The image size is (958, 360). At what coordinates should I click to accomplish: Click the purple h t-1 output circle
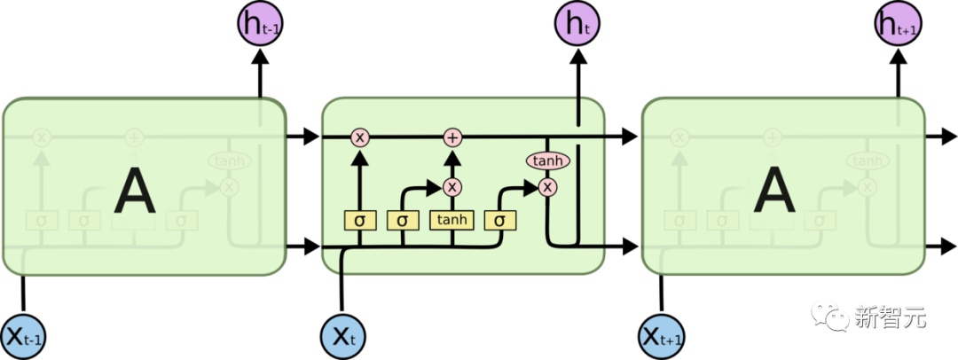coord(260,24)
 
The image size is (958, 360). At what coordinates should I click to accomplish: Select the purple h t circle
coord(577,24)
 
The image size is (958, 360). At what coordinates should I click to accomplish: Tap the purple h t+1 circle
coord(898,24)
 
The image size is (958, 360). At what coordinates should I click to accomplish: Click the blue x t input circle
coord(342,337)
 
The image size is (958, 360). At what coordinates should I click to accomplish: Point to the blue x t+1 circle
coord(662,337)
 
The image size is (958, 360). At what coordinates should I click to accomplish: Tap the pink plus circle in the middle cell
coord(453,137)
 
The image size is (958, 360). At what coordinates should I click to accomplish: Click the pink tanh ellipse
coord(547,160)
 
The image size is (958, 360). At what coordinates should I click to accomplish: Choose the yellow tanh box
coord(453,219)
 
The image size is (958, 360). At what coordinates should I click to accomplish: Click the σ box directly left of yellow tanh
coord(403,219)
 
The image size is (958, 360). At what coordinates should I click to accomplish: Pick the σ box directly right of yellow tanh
coord(500,219)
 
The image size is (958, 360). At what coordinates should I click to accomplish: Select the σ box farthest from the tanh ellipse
coord(359,219)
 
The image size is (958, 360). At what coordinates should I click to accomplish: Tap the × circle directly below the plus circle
coord(453,186)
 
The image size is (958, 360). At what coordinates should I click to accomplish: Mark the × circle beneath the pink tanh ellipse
coord(547,186)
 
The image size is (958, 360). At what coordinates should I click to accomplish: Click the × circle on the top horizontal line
coord(359,137)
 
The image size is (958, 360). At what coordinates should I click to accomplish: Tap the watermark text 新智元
coord(890,316)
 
